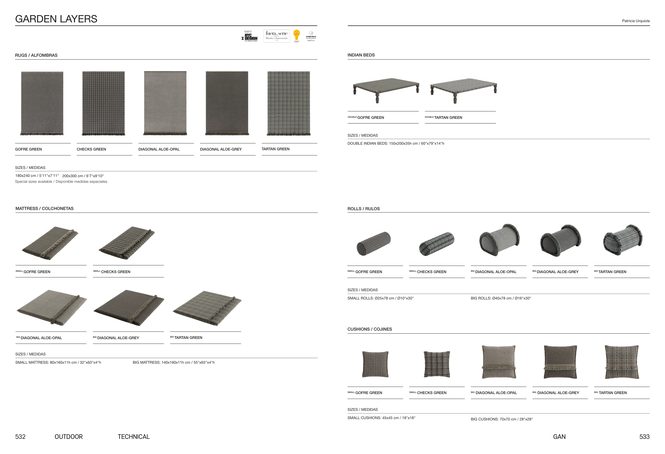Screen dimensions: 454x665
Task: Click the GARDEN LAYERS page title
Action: tap(56, 19)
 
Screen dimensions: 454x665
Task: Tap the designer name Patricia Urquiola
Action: tap(635, 21)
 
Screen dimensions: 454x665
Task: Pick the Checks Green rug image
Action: tap(103, 103)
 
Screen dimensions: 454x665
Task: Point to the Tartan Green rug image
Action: tap(288, 103)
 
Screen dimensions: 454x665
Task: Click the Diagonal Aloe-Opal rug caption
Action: tap(159, 149)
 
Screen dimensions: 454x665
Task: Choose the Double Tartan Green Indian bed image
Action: tap(463, 89)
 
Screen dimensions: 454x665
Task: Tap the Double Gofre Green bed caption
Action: tap(366, 117)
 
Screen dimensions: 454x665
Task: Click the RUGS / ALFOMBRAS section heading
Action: tap(36, 55)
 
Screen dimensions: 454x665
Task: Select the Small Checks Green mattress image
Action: tap(127, 243)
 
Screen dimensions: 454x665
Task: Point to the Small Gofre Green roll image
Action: tap(373, 244)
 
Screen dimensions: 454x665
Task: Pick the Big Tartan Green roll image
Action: tap(622, 240)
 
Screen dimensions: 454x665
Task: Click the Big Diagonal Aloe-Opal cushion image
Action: tap(498, 362)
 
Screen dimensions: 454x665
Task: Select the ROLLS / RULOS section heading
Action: tap(364, 209)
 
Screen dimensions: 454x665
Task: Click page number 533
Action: tap(644, 436)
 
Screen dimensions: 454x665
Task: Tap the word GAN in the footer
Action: tap(559, 436)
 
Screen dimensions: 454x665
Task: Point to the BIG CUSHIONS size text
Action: tap(501, 419)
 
